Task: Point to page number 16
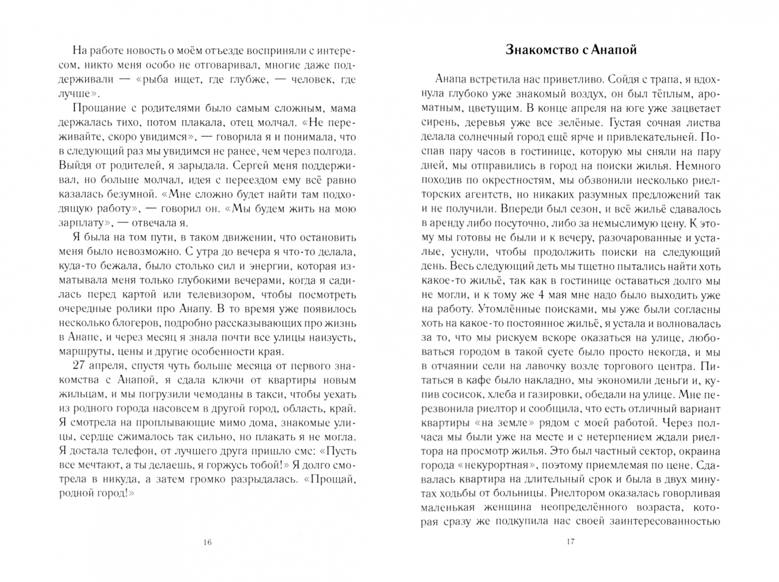pyautogui.click(x=208, y=542)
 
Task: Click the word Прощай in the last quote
pyautogui.click(x=327, y=480)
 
